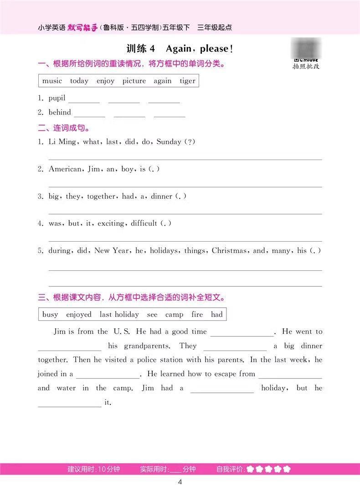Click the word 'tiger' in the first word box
187,81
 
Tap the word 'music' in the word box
52,81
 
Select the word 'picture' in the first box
134,81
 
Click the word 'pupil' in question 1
57,98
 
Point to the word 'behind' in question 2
60,112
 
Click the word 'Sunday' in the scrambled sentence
169,142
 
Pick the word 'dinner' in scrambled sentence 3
161,196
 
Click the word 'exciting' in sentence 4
108,223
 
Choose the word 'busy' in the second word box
50,315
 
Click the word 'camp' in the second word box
174,315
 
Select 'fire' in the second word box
197,315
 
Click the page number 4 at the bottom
180,483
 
